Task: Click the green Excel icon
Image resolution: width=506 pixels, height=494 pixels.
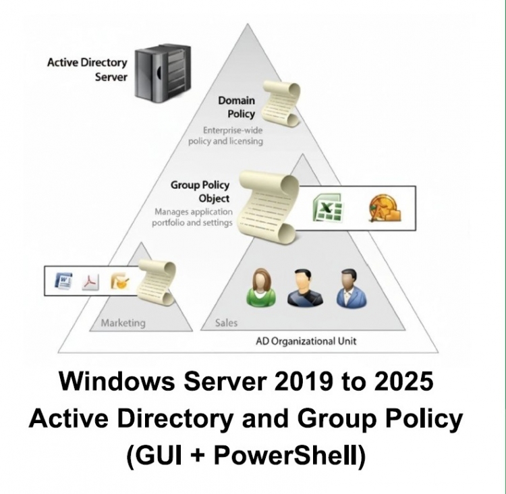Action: tap(327, 207)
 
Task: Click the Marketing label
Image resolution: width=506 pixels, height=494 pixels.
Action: tap(123, 323)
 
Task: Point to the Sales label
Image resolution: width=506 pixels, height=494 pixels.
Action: tap(226, 323)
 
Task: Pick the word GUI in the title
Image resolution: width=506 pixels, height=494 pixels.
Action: tap(162, 456)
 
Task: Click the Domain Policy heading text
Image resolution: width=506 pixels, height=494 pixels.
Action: tap(236, 107)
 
